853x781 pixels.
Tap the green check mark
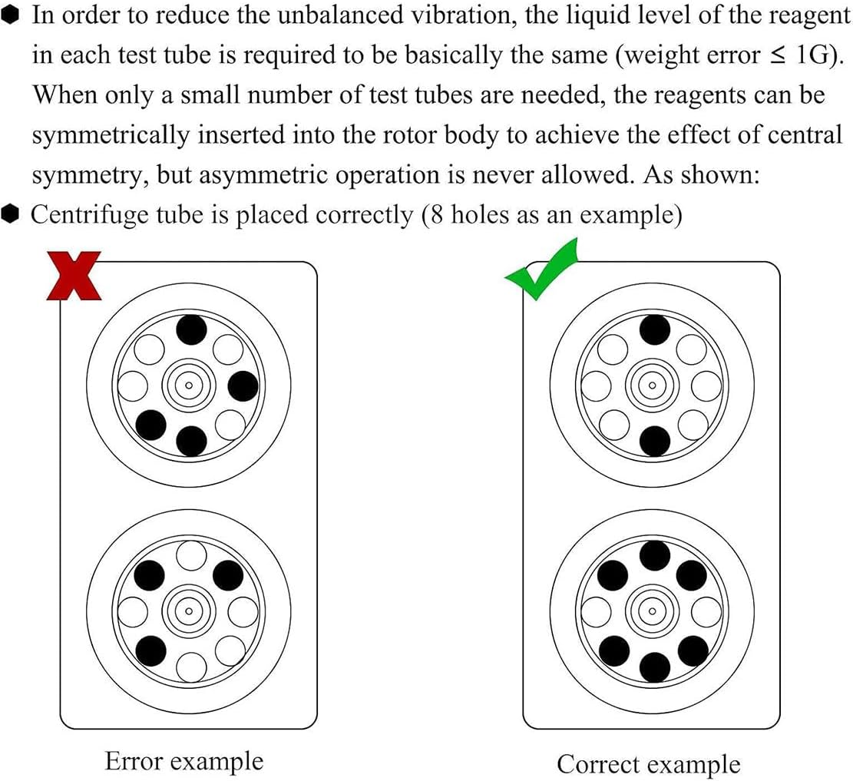coord(541,273)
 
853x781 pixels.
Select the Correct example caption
coord(649,764)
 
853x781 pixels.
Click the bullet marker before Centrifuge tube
coord(12,214)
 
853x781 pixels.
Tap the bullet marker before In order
coord(12,15)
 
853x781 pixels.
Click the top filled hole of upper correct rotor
coord(654,330)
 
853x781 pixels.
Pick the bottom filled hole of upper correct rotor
coord(654,441)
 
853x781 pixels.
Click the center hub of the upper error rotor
coord(189,385)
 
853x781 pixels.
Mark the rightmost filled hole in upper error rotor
coord(243,386)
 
